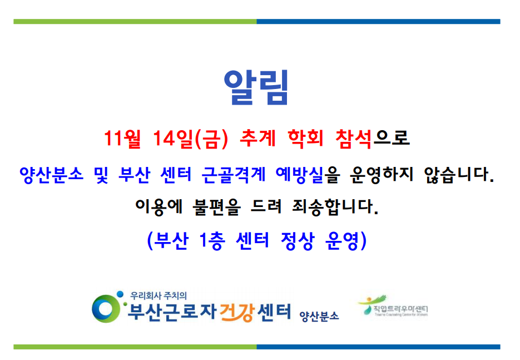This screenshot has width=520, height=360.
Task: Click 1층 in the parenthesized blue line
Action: click(x=210, y=241)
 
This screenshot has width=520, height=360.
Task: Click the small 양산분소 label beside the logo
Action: click(x=319, y=316)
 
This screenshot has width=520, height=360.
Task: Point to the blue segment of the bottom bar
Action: click(x=378, y=347)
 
